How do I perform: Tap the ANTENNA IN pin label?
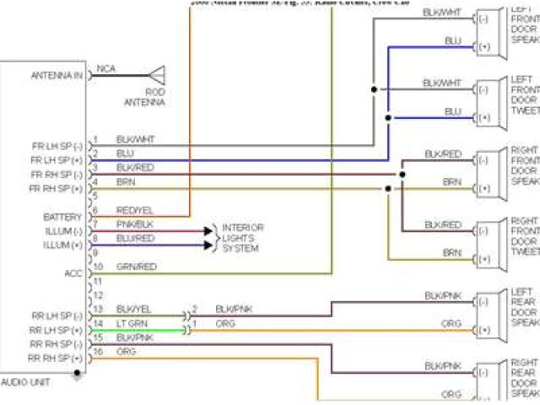point(57,75)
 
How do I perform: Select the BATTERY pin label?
point(62,217)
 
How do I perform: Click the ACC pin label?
point(73,273)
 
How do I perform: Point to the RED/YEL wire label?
point(134,210)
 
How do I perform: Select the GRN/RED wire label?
point(135,267)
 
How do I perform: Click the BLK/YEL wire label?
point(133,309)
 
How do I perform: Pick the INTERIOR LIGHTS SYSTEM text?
point(242,238)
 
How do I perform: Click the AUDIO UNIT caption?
point(26,382)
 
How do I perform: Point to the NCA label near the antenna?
point(106,68)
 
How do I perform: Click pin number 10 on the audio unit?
point(97,267)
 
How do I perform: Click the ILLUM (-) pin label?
point(63,230)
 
